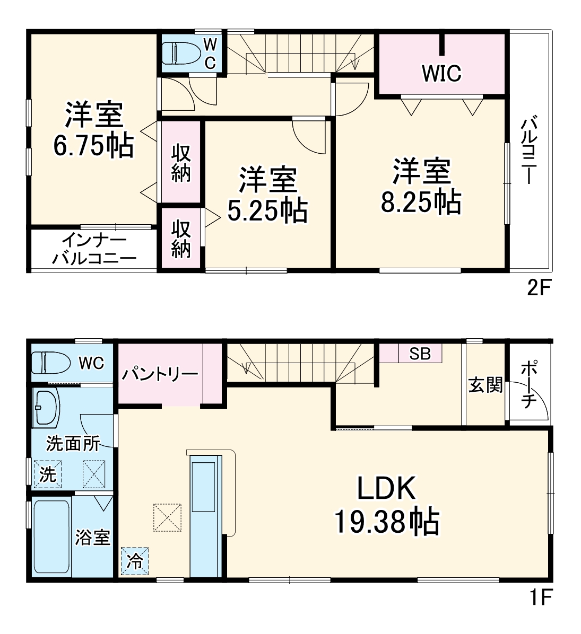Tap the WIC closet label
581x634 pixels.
(441, 73)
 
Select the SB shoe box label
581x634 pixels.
(420, 354)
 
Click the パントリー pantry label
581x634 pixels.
(160, 374)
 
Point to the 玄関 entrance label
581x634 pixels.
(485, 385)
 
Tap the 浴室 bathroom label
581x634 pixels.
(92, 538)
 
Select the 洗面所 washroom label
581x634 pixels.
(73, 443)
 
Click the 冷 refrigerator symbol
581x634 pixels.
(135, 561)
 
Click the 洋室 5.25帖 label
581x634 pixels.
(267, 195)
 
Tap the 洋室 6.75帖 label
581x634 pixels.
(93, 130)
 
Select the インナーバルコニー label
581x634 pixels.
(93, 250)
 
